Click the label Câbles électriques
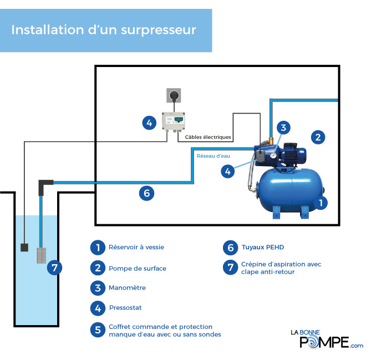click(207, 136)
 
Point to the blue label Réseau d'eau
click(213, 156)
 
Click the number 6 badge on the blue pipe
click(146, 193)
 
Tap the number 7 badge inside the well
click(54, 268)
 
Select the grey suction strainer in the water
click(43, 255)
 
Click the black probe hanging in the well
click(24, 248)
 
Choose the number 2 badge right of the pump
click(317, 137)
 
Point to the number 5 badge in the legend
click(98, 330)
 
